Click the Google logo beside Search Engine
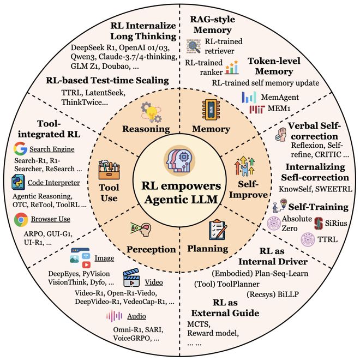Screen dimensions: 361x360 tap(21, 148)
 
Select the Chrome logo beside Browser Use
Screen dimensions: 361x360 tap(21, 219)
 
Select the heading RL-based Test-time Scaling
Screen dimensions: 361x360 tap(107, 80)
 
